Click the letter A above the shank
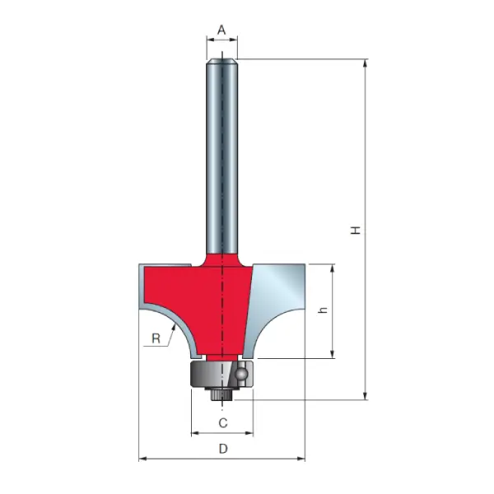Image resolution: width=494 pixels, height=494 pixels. pos(221,30)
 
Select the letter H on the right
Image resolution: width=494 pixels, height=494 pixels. pos(356,230)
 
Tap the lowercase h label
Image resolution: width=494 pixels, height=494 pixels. pos(323,311)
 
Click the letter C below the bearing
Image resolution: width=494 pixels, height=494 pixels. pos(222,423)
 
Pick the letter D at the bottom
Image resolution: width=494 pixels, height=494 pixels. pos(222,449)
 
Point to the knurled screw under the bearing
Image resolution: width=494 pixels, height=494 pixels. pos(221,395)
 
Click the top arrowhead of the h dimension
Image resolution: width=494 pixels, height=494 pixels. pos(333,268)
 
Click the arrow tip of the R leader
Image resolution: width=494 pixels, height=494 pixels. pos(175,327)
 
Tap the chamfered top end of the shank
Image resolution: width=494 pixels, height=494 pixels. pos(222,58)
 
